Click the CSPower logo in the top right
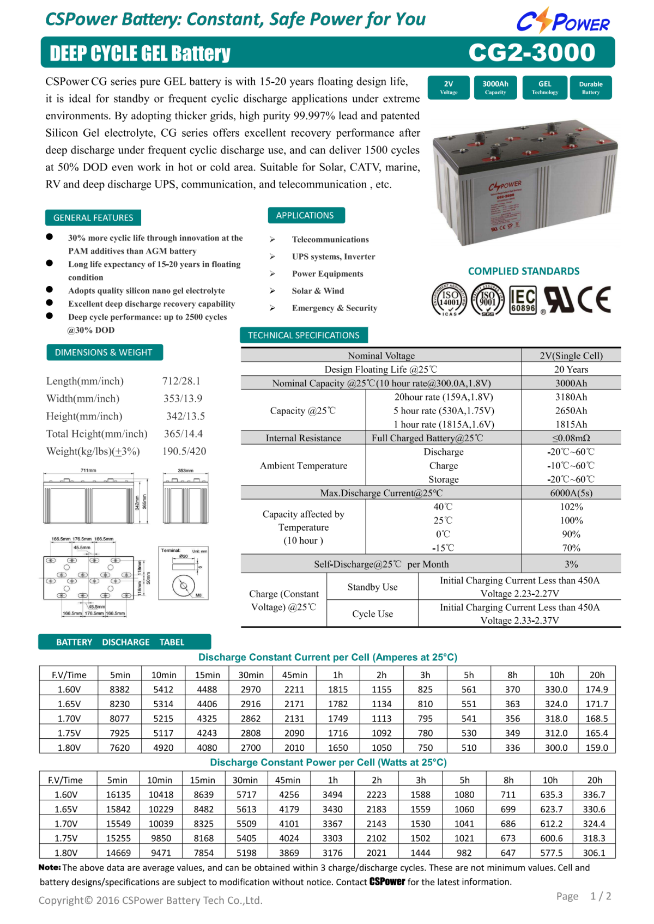(563, 21)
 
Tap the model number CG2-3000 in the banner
(531, 53)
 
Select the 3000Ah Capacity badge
(495, 87)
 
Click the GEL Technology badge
(544, 87)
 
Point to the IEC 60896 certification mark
(523, 300)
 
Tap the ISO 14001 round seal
(449, 299)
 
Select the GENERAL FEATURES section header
(93, 217)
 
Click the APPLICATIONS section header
(305, 215)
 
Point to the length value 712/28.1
(181, 381)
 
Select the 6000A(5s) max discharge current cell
(571, 493)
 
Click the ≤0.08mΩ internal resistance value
(571, 438)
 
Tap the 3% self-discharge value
(571, 564)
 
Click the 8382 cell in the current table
(119, 689)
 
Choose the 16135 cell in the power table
(118, 794)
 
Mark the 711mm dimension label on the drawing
(88, 470)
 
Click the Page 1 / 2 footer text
(584, 896)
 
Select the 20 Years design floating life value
(571, 369)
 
